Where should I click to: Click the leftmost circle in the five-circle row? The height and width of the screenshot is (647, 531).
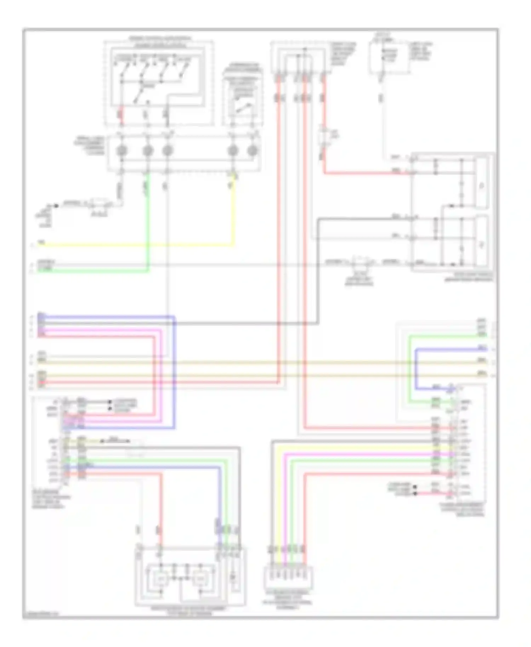(x=121, y=151)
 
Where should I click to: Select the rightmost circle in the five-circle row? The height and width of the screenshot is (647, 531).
(x=252, y=151)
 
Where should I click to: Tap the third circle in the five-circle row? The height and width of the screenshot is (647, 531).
(x=167, y=151)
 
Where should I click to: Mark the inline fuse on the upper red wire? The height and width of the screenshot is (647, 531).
(x=324, y=137)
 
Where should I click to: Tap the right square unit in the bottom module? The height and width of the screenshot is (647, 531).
(x=201, y=579)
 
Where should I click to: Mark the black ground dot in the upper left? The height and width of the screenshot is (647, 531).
(x=56, y=206)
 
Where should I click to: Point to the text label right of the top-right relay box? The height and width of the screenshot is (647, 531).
(x=421, y=51)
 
